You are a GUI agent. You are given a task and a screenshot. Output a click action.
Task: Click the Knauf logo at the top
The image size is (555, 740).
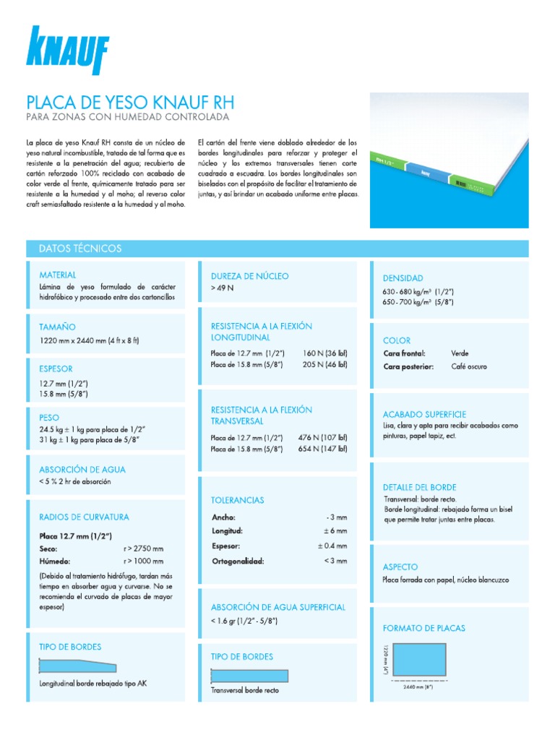(67, 51)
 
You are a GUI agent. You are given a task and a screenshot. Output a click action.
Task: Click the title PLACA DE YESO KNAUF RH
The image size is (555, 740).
(130, 101)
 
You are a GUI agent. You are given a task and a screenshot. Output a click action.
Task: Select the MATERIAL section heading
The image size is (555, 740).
(58, 275)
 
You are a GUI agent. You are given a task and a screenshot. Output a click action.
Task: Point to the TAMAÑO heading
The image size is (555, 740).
(57, 327)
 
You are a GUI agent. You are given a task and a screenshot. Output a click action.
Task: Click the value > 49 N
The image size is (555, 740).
(223, 288)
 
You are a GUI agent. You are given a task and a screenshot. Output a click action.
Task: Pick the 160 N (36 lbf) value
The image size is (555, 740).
(325, 353)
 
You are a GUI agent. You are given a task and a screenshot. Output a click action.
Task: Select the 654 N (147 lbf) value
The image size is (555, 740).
(322, 449)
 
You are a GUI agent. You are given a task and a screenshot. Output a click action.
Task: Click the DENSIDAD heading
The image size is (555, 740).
(403, 278)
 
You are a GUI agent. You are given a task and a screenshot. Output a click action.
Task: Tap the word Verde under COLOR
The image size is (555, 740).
(460, 353)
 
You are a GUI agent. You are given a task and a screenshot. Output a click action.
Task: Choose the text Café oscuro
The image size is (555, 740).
(468, 366)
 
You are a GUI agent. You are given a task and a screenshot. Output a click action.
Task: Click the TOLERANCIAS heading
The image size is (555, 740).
(237, 500)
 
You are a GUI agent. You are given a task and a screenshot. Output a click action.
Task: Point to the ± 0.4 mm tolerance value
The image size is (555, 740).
(332, 546)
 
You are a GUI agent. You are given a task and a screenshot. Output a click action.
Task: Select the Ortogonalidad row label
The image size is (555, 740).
(238, 561)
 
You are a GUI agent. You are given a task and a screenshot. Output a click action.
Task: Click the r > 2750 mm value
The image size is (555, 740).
(144, 548)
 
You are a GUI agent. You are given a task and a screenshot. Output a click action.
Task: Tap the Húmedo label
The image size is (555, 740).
(55, 561)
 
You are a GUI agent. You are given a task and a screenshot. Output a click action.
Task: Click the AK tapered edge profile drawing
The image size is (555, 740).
(70, 664)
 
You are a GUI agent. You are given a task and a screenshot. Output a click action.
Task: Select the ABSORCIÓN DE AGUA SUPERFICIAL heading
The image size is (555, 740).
(277, 608)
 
